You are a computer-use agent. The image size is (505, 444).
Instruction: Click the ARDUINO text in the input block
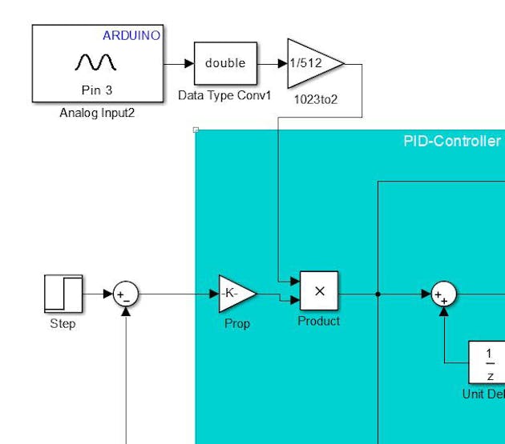131,35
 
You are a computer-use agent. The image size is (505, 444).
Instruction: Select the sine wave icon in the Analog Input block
96,62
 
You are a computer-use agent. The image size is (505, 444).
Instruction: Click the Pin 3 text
97,90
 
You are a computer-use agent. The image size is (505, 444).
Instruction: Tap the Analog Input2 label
97,113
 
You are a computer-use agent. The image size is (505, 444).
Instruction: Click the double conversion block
225,63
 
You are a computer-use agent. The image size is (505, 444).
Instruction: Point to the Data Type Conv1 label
225,95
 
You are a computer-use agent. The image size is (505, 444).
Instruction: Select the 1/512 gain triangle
313,63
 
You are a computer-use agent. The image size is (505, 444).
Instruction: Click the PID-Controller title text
452,142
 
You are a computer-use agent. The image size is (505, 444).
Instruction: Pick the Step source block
63,294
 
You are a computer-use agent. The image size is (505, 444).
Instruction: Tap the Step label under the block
63,323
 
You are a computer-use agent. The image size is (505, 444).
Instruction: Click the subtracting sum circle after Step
125,294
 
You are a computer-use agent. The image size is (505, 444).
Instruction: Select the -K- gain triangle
236,294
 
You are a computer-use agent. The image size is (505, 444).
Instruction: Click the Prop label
236,323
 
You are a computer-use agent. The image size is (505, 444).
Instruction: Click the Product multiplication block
319,291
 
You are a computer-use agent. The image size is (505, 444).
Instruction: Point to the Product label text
319,321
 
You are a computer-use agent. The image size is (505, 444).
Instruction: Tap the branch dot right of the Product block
378,294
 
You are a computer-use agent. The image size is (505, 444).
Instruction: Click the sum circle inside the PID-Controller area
443,294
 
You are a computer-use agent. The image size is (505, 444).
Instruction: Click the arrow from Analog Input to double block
179,63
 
